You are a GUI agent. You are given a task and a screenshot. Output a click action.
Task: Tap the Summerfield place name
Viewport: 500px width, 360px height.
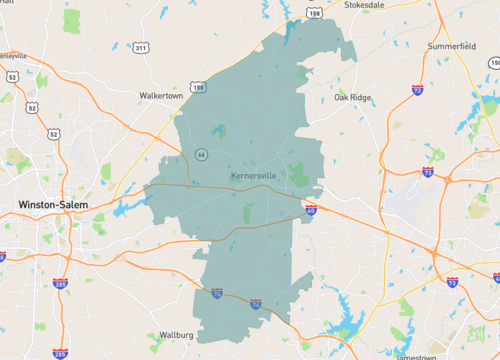448,46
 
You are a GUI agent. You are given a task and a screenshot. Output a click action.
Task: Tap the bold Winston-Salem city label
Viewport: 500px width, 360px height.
53,205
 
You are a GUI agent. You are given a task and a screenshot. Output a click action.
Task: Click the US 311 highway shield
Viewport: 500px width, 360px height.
141,47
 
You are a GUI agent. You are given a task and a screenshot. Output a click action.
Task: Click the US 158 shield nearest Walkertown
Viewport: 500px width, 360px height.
199,88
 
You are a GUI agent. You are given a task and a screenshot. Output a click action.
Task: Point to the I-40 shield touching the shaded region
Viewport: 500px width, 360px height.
311,210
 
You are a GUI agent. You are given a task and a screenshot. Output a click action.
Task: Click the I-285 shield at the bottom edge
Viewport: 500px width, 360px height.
61,353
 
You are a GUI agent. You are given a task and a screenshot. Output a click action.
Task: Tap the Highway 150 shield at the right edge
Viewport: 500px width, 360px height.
494,63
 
